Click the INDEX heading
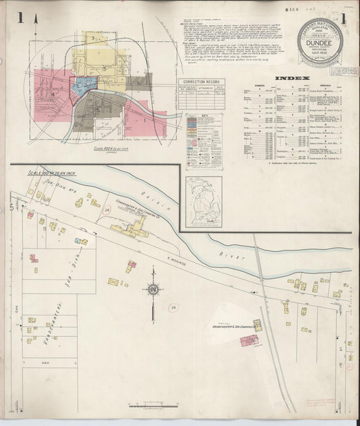pyautogui.click(x=298, y=78)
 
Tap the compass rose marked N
pyautogui.click(x=153, y=290)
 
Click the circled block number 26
pyautogui.click(x=106, y=211)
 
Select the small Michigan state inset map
pyautogui.click(x=203, y=201)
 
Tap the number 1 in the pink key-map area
pyautogui.click(x=144, y=121)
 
